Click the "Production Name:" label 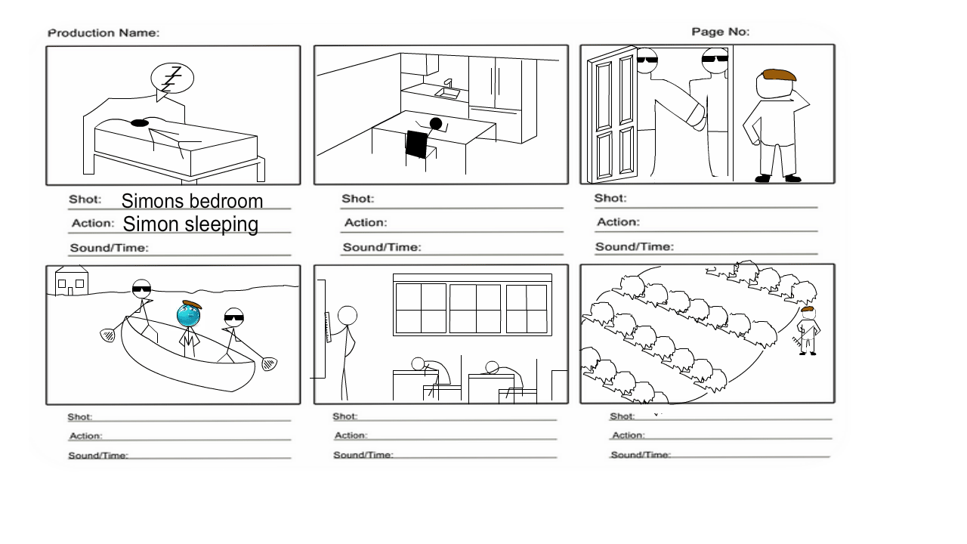(x=103, y=33)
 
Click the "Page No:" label (x=721, y=32)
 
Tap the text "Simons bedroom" (x=192, y=201)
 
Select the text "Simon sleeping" (x=190, y=224)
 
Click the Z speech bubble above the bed (x=172, y=79)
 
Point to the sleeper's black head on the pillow (x=139, y=122)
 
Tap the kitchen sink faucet (x=448, y=83)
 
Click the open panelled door (x=613, y=117)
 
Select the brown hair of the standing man (x=779, y=75)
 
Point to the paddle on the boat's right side (x=269, y=363)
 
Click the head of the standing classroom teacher (x=348, y=315)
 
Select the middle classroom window (x=475, y=308)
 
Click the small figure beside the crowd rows (x=808, y=330)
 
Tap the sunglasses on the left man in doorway (x=647, y=60)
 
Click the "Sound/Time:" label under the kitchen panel (x=382, y=247)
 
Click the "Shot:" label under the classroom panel (x=344, y=416)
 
